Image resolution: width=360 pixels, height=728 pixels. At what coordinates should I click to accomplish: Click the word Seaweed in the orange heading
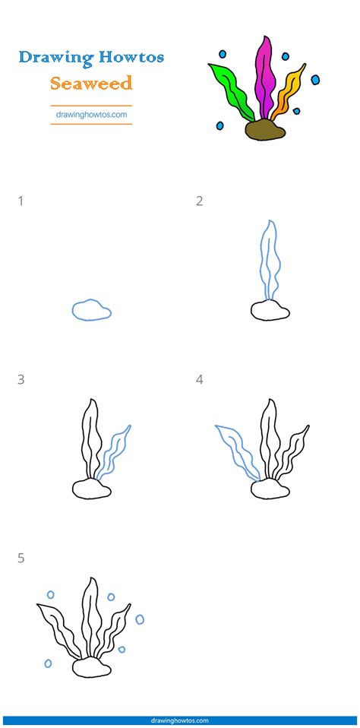pos(91,82)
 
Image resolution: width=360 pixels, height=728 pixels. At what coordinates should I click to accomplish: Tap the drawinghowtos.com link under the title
pos(91,115)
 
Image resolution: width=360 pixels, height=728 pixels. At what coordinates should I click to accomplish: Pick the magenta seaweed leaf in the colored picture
pos(265,76)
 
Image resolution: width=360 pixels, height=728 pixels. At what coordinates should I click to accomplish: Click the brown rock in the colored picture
pos(265,131)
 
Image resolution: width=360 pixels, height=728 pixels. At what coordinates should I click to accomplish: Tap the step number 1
pos(21,201)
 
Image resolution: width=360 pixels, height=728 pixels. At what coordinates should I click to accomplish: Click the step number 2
pos(199,201)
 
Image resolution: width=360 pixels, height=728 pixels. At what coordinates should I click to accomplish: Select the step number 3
pos(21,379)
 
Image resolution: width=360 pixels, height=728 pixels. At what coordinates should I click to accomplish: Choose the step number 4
pos(199,379)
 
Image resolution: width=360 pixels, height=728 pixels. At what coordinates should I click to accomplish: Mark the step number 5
pos(21,558)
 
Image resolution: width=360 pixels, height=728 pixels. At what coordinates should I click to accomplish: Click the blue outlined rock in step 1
pos(92,309)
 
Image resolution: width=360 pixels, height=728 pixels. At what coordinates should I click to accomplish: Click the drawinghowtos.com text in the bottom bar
pos(180,720)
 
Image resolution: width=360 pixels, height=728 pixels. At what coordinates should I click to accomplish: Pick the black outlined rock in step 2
pos(270,309)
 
